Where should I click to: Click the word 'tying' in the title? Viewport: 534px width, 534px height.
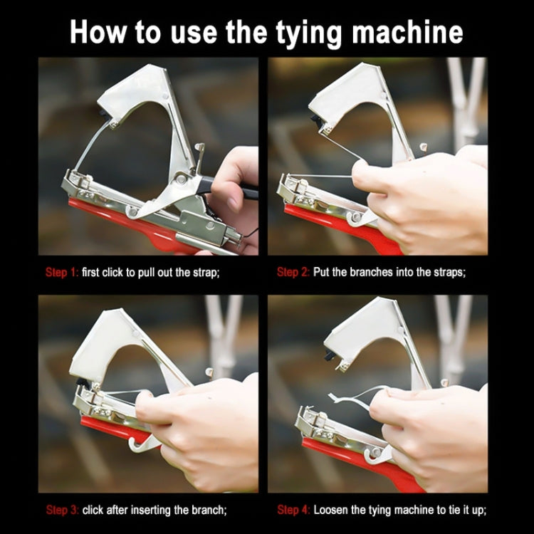point(309,33)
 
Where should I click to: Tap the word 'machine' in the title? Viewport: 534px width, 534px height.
point(407,32)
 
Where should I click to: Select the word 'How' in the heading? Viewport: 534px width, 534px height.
point(98,32)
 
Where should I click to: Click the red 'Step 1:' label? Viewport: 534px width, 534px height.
point(62,273)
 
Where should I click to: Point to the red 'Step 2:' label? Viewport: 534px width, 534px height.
point(293,272)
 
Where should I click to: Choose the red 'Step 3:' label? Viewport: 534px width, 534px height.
point(63,511)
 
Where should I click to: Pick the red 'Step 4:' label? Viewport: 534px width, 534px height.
point(293,511)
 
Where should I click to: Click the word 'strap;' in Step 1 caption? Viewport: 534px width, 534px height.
point(206,273)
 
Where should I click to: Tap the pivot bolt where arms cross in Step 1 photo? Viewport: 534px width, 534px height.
point(181,179)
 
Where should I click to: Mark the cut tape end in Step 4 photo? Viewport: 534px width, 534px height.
point(331,397)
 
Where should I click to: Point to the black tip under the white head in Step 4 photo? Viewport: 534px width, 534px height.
point(330,355)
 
